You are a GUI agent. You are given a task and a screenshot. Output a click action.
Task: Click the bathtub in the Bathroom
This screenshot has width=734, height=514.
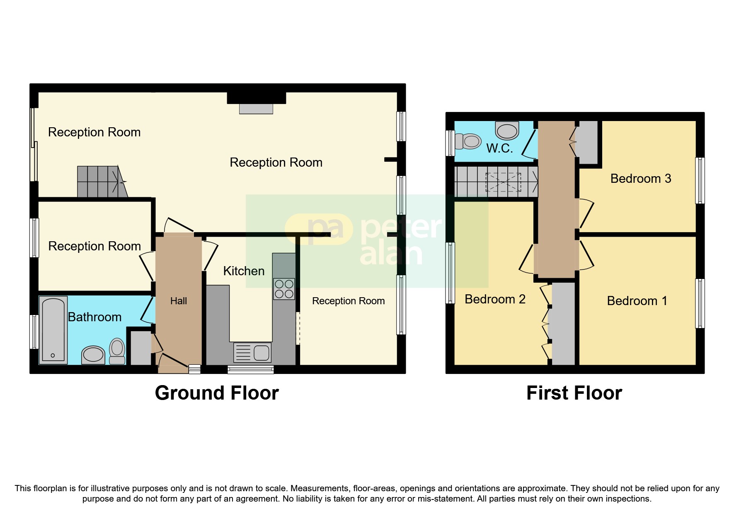pos(53,330)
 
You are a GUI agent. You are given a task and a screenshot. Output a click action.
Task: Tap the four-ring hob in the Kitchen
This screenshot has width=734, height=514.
pos(284,289)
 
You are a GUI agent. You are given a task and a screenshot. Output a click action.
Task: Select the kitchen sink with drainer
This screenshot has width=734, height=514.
pos(252,353)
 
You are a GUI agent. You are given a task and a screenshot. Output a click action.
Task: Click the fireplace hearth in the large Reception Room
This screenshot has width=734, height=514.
pos(256,109)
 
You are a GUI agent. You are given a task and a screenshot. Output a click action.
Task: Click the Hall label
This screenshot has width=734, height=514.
pos(179,301)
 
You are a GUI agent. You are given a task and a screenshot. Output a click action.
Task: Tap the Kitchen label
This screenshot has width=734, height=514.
pos(244,271)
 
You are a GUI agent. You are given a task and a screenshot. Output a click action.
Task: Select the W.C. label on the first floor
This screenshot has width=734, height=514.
pos(499,148)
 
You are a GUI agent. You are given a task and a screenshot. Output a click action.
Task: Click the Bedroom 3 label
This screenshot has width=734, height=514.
pos(640,179)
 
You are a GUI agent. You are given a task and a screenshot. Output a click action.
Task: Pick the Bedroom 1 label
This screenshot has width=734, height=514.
pos(637,301)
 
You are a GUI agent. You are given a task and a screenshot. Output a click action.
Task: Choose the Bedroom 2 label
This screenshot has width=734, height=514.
pos(495,299)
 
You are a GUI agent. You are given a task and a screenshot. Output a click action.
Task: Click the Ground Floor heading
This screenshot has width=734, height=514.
pos(217,393)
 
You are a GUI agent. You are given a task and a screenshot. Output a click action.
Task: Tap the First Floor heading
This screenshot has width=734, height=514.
pos(574,393)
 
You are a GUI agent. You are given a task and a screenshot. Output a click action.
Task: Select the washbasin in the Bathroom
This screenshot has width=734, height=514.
pos(93,355)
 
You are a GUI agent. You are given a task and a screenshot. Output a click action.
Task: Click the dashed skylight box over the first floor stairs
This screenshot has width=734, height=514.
pos(503,182)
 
